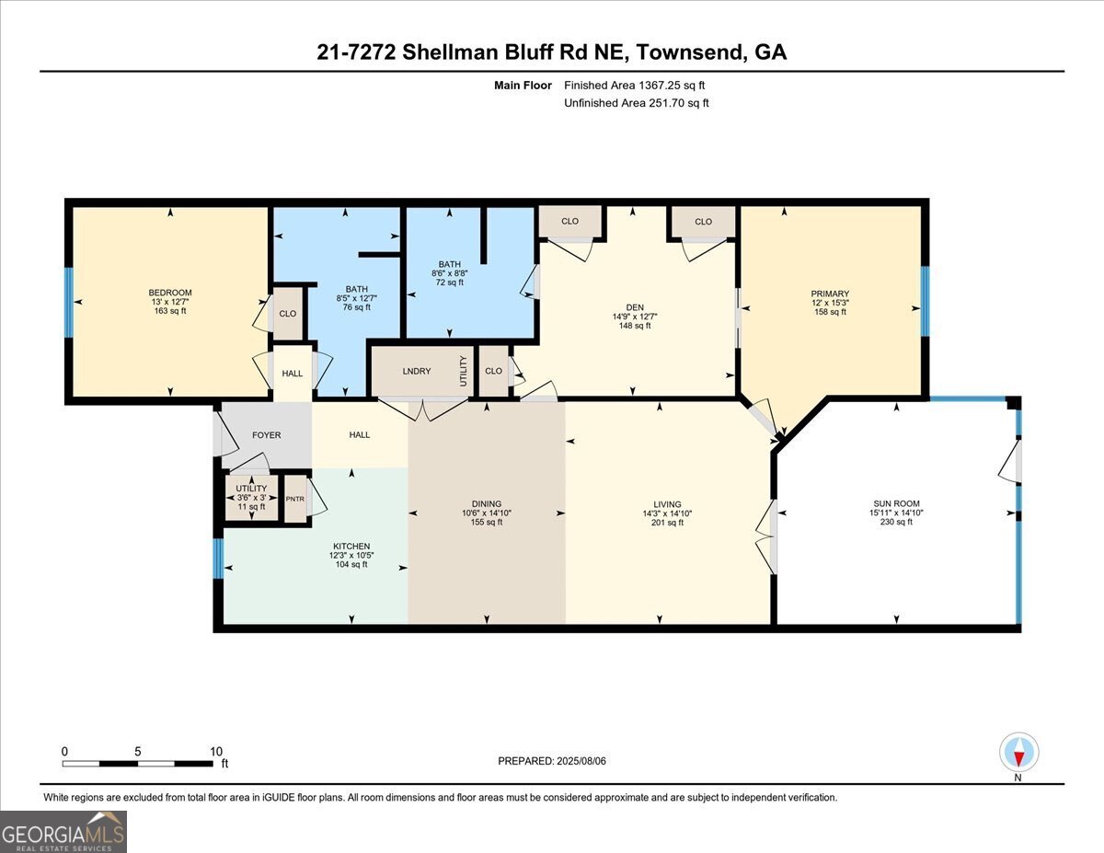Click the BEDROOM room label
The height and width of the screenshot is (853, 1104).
[x=170, y=293]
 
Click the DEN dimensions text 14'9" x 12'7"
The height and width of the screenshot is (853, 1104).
[x=635, y=317]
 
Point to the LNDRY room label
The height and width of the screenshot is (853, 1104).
[x=417, y=371]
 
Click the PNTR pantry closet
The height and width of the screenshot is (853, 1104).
[x=294, y=499]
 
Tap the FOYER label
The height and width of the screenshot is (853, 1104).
[x=266, y=435]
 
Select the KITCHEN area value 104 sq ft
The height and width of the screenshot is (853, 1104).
[x=351, y=564]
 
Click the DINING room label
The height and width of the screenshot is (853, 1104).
[x=486, y=504]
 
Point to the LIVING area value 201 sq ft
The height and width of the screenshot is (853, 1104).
[x=667, y=523]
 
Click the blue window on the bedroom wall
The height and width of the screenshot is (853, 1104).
[x=68, y=302]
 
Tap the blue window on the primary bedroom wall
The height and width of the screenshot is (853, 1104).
[x=925, y=302]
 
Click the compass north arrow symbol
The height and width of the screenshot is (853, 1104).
[x=1018, y=753]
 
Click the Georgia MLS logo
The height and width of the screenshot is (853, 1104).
[x=63, y=831]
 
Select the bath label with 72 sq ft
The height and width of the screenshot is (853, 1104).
[x=449, y=264]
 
